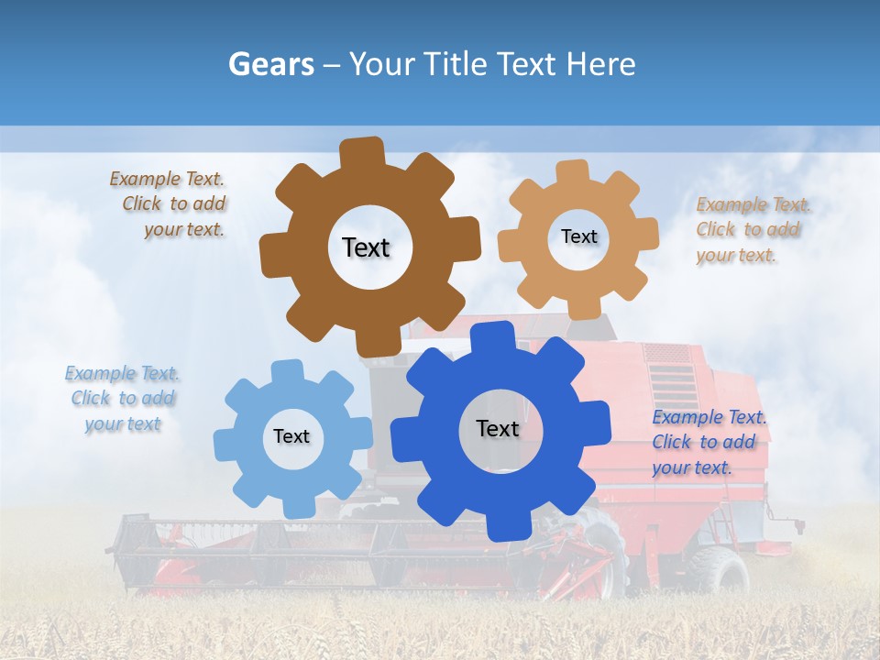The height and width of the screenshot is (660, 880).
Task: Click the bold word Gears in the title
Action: [269, 64]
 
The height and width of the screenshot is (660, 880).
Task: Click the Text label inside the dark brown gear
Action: [366, 247]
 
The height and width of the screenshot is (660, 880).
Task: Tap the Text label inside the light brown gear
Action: [578, 236]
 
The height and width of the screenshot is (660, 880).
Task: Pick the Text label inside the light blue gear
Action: [291, 436]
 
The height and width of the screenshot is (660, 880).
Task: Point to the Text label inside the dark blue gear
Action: [498, 428]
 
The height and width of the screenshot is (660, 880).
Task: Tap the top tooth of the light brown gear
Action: [573, 173]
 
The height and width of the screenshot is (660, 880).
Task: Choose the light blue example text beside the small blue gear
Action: [122, 399]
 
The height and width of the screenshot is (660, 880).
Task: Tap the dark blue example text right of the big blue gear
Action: [708, 443]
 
